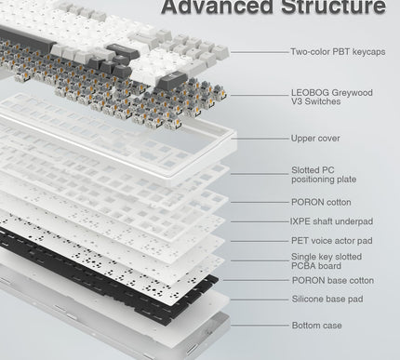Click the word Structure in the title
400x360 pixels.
(333, 7)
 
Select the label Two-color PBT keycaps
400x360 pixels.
(338, 52)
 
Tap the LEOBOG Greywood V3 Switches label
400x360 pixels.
(331, 97)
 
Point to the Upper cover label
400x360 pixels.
(315, 139)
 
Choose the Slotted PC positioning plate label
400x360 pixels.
(324, 175)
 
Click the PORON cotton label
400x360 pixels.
(321, 202)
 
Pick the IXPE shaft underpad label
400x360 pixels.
(331, 221)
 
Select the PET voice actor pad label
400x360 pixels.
(332, 241)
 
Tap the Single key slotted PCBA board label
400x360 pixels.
(327, 261)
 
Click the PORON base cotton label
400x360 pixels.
(333, 280)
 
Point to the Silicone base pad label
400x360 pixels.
(327, 299)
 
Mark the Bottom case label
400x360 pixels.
(316, 326)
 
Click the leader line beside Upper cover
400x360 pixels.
(260, 139)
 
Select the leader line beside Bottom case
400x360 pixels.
(260, 326)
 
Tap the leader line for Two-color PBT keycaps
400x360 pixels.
(260, 52)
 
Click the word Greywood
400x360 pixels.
(352, 93)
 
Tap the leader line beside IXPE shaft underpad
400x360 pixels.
(260, 222)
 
